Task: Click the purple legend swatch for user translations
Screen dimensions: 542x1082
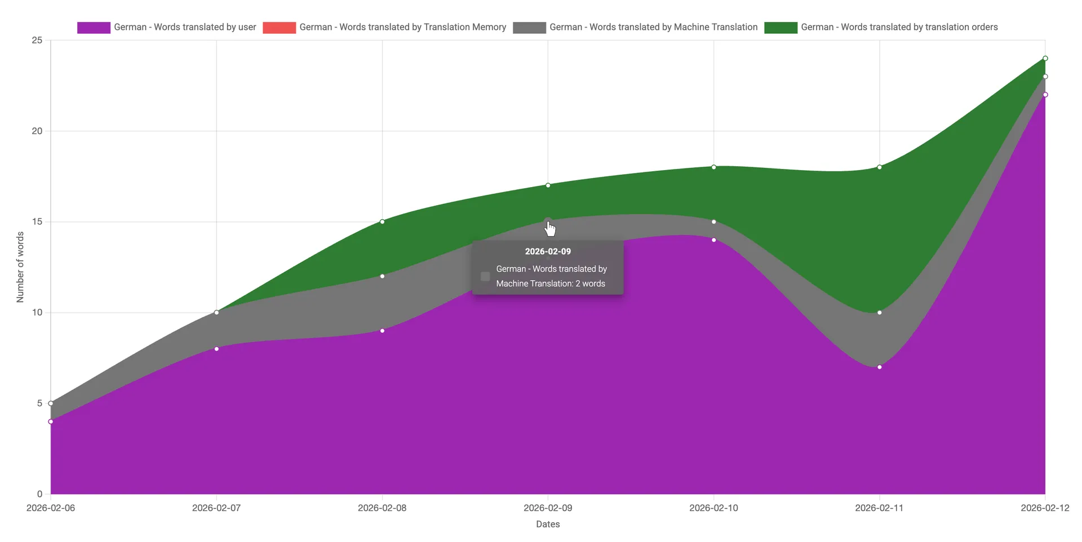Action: (x=94, y=28)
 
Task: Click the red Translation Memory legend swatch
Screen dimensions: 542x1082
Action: (x=279, y=28)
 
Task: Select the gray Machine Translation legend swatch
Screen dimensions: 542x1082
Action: (x=529, y=28)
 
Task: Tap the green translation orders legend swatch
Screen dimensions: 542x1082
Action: (x=781, y=28)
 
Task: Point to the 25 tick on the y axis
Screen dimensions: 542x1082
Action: (x=37, y=41)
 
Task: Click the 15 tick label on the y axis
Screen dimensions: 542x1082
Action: (x=37, y=222)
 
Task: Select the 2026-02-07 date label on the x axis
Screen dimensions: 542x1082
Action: (x=216, y=508)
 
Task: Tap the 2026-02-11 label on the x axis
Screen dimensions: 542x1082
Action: (x=879, y=508)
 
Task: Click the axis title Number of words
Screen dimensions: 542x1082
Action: (x=20, y=267)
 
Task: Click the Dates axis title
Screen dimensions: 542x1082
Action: (x=548, y=524)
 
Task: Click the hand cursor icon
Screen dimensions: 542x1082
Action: (x=550, y=229)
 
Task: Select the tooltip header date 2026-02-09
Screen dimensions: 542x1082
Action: (x=548, y=251)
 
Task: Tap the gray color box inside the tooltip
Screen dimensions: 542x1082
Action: (x=485, y=276)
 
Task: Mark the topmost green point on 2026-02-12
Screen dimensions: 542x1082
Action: (x=1045, y=59)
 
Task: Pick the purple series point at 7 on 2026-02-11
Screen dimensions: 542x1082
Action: (x=880, y=367)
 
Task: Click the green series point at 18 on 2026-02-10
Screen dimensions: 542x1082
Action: (x=714, y=167)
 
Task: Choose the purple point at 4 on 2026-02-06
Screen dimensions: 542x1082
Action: (x=51, y=421)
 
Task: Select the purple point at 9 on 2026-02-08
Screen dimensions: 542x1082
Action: (x=383, y=331)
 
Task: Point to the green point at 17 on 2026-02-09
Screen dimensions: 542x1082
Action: (x=548, y=185)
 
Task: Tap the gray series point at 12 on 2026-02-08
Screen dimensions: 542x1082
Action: (x=383, y=276)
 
